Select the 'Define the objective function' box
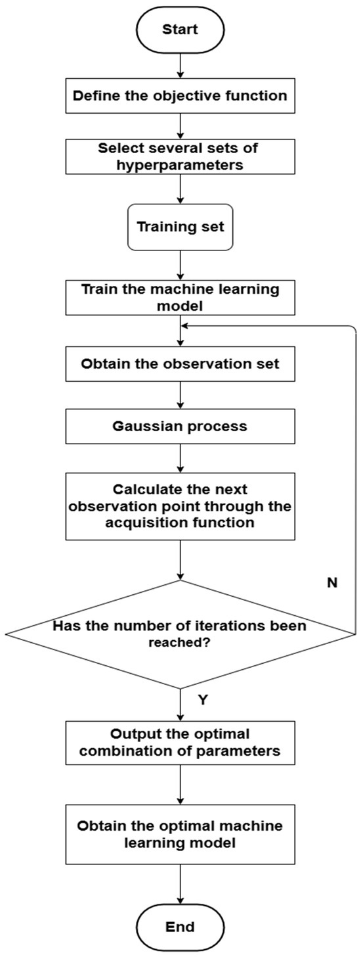180,96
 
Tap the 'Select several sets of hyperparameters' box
180,156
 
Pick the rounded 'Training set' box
180,228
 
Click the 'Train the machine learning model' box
180,297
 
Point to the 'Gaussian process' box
180,426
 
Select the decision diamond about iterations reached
180,634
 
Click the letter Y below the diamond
203,700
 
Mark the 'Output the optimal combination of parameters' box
180,743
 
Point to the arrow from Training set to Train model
180,265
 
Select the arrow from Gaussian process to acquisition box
180,457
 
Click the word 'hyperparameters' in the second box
180,165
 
